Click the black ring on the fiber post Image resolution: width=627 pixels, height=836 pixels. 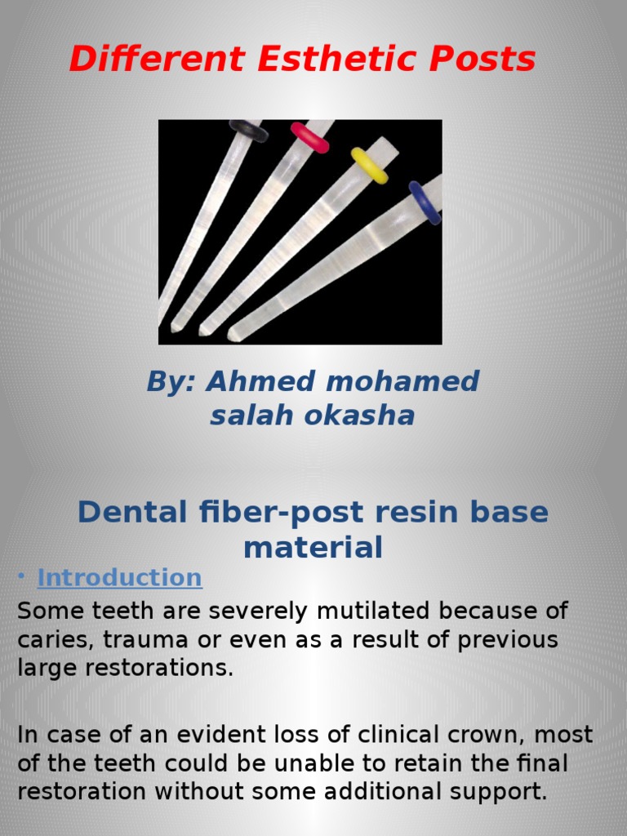[248, 131]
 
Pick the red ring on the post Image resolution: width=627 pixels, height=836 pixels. [309, 137]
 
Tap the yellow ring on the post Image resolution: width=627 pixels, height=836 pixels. [369, 165]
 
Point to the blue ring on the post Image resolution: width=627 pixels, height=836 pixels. [425, 202]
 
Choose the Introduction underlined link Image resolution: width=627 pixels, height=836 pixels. [120, 578]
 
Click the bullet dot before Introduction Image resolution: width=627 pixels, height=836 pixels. [21, 578]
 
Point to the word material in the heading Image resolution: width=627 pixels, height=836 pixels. [313, 548]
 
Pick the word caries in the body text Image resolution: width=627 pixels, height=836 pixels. [47, 640]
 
